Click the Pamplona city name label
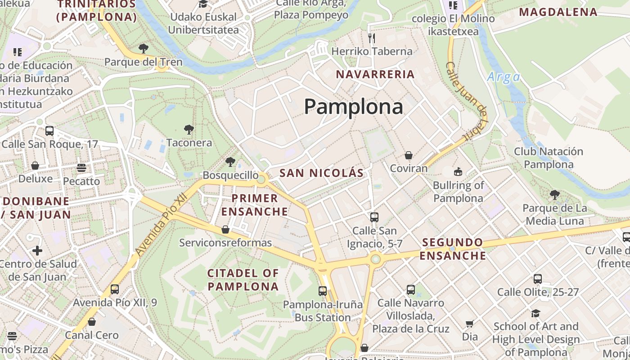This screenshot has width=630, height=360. coord(353,107)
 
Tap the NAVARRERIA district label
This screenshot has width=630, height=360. coord(375,74)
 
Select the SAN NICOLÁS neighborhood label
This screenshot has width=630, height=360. coord(321,173)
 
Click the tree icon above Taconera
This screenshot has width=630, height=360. coord(189,130)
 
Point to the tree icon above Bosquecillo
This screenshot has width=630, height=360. coord(230,162)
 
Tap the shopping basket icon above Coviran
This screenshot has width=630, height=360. coord(409,156)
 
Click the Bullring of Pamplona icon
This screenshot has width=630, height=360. coord(458,171)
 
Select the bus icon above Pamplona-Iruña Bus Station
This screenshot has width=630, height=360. coord(323,291)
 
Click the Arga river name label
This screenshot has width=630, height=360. coord(503,77)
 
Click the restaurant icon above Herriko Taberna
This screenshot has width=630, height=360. coord(372,38)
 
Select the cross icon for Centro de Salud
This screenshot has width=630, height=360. coord(37,251)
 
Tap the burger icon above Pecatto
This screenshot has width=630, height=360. coord(81,168)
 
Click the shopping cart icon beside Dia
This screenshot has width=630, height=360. coord(470,324)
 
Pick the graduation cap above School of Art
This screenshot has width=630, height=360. coord(535,313)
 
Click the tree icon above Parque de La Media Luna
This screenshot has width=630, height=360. coord(555,195)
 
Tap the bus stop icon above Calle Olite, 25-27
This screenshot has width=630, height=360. coord(538,279)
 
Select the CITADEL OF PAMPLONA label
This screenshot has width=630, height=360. coord(243,279)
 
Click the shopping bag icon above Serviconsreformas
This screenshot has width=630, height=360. coord(225,230)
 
